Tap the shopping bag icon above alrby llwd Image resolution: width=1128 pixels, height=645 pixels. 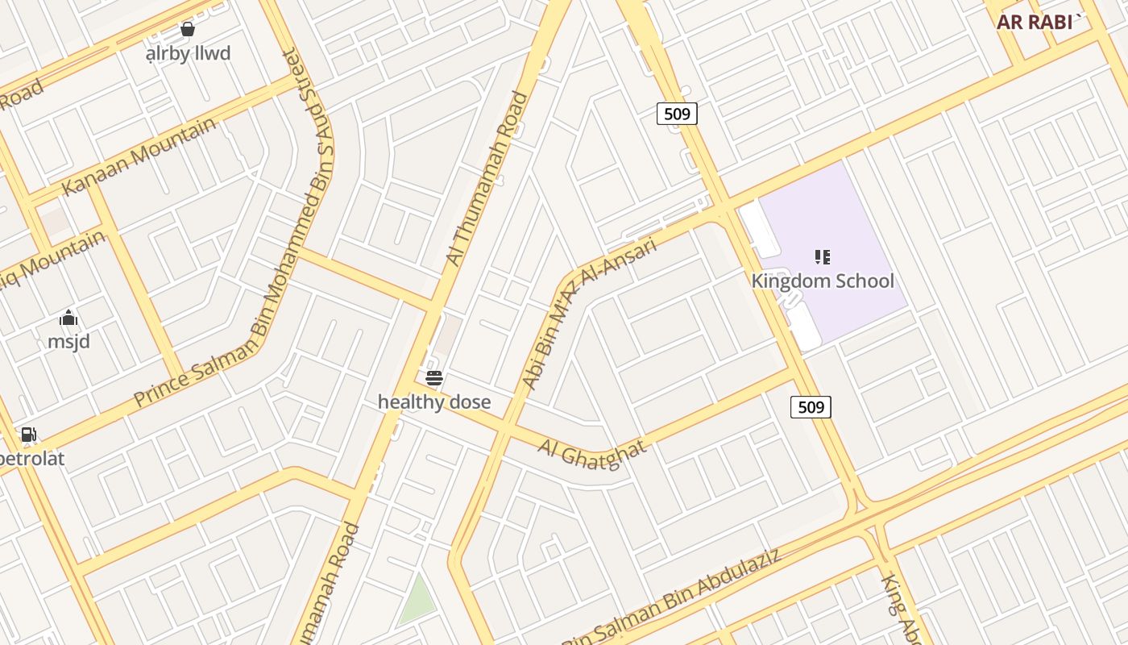pos(188,30)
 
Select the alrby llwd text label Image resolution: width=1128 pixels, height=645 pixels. pos(188,53)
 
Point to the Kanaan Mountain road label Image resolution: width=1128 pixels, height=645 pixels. pos(139,156)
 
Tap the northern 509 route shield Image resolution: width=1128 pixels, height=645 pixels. pos(677,114)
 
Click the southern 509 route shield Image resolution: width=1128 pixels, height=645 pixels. pos(811,407)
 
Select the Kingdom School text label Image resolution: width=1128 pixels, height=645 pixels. pos(823,281)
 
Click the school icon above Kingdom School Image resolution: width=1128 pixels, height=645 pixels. pos(822,257)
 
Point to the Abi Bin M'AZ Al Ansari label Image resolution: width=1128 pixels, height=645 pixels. pos(590,311)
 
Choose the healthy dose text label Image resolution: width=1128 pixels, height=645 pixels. pos(434,402)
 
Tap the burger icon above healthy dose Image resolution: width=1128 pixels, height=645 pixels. pos(434,377)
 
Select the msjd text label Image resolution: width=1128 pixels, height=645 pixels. pos(68,341)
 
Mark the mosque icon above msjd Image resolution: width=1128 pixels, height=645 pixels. pos(68,318)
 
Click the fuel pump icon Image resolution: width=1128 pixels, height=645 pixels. pos(28,435)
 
